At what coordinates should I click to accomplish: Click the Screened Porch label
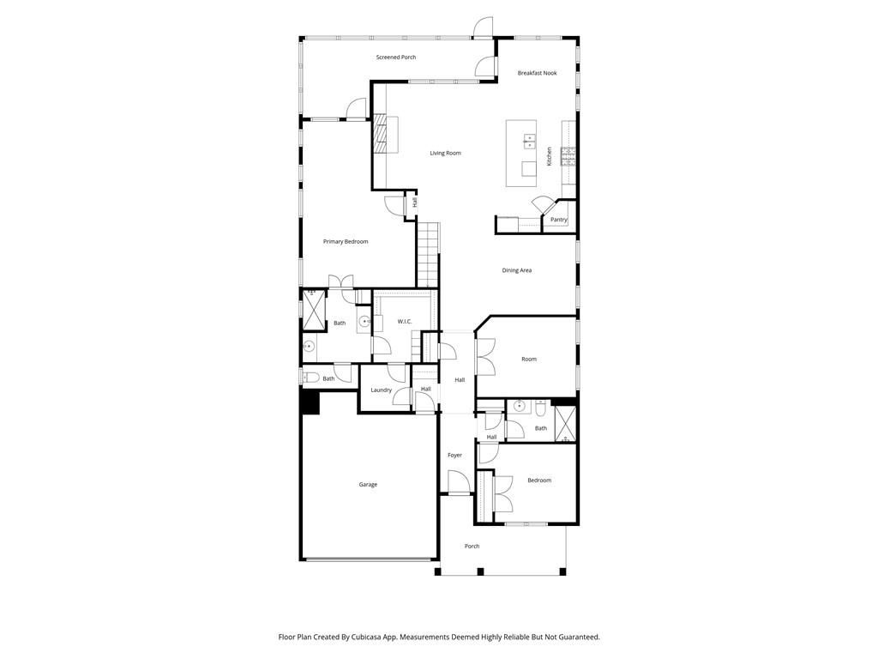(x=396, y=57)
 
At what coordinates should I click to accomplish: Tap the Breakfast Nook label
(x=537, y=73)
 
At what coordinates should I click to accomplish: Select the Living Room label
(x=445, y=153)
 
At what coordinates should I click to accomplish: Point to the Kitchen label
(x=550, y=156)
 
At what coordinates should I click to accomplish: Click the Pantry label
(x=559, y=220)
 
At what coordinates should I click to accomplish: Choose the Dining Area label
(x=516, y=270)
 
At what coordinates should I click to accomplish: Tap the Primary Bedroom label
(x=346, y=241)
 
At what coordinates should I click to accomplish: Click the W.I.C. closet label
(x=405, y=321)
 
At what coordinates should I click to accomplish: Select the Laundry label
(x=382, y=390)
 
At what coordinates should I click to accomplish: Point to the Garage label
(x=368, y=484)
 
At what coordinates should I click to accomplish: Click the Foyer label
(x=454, y=455)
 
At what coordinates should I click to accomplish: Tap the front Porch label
(x=472, y=546)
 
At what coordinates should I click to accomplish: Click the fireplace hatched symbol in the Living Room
(x=381, y=133)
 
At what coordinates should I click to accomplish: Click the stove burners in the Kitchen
(x=568, y=156)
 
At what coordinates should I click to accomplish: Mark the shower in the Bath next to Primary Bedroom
(x=314, y=310)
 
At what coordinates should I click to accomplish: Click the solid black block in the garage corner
(x=310, y=402)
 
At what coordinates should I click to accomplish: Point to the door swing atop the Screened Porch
(x=483, y=27)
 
